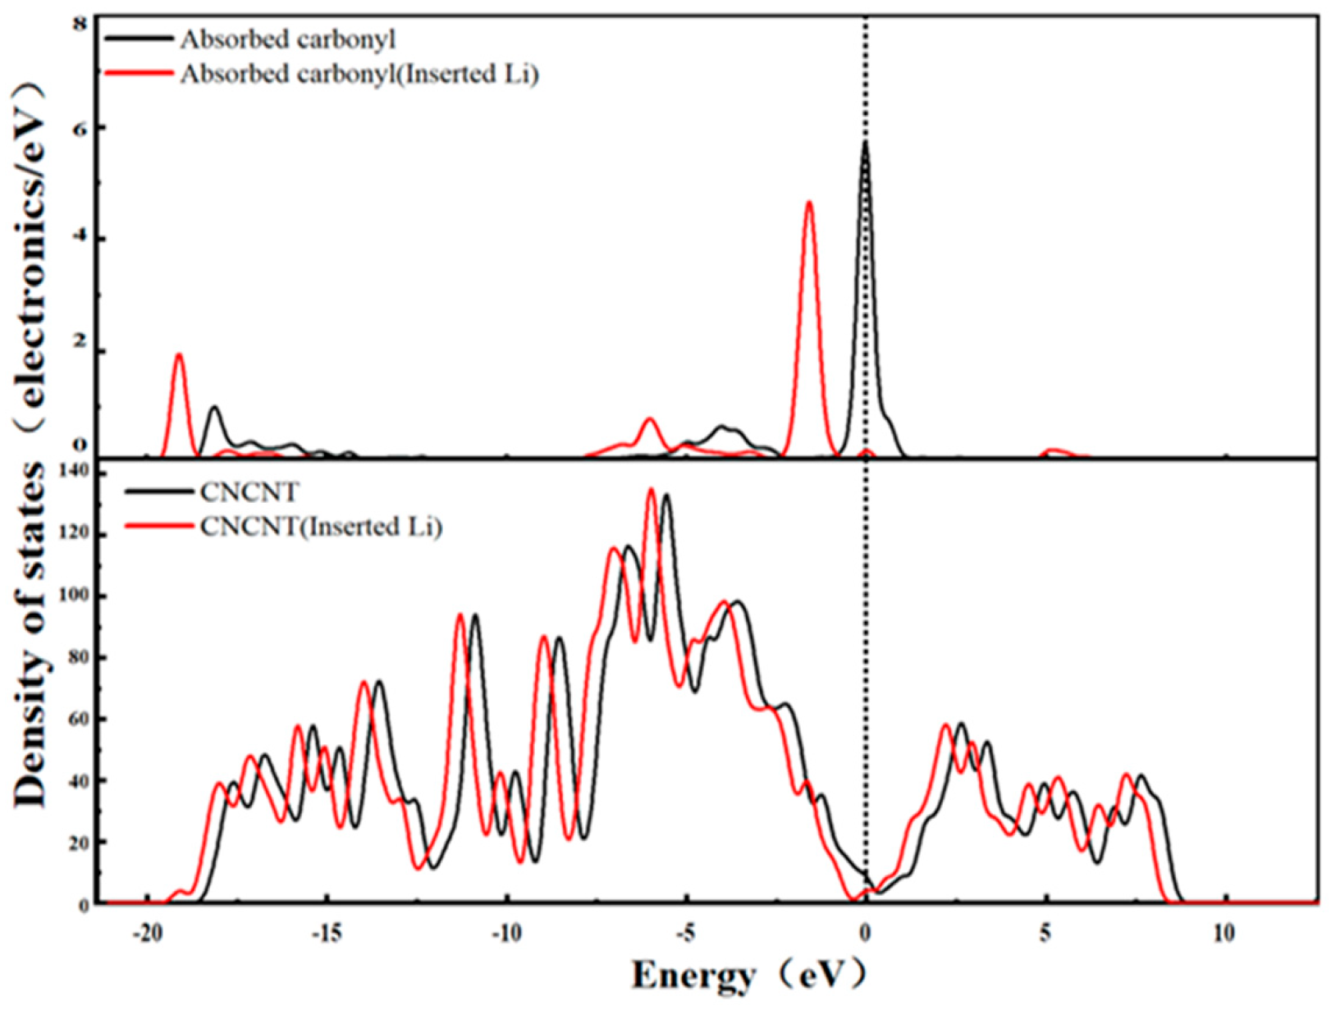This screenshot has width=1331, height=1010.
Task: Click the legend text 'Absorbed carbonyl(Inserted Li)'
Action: click(x=359, y=74)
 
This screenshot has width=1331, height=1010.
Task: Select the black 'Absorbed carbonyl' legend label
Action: click(x=288, y=39)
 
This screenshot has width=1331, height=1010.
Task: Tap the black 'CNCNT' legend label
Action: click(x=249, y=491)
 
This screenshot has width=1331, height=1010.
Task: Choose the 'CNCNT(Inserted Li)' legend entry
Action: click(x=321, y=526)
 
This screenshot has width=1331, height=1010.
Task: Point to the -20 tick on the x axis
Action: click(x=147, y=935)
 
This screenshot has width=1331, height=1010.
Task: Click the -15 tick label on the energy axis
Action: click(x=326, y=935)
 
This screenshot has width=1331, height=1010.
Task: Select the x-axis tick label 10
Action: click(x=1224, y=935)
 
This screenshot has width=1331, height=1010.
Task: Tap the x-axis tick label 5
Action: click(x=1045, y=935)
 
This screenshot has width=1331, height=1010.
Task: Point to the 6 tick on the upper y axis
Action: click(x=80, y=128)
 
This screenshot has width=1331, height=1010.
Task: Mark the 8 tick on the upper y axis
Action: click(x=80, y=25)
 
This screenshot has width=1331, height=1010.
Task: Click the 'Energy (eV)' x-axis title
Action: click(x=748, y=976)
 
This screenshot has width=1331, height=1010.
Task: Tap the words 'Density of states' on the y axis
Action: click(x=30, y=632)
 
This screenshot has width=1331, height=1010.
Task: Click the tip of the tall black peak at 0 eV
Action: click(x=865, y=143)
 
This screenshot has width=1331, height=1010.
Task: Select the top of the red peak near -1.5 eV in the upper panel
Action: click(x=809, y=203)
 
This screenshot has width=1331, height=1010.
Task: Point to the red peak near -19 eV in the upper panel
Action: click(x=179, y=355)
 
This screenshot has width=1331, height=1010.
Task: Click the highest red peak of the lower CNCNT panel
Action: click(x=651, y=490)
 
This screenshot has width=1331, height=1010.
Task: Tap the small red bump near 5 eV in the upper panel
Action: click(x=1055, y=450)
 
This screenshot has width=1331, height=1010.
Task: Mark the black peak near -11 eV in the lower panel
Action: click(x=474, y=615)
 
